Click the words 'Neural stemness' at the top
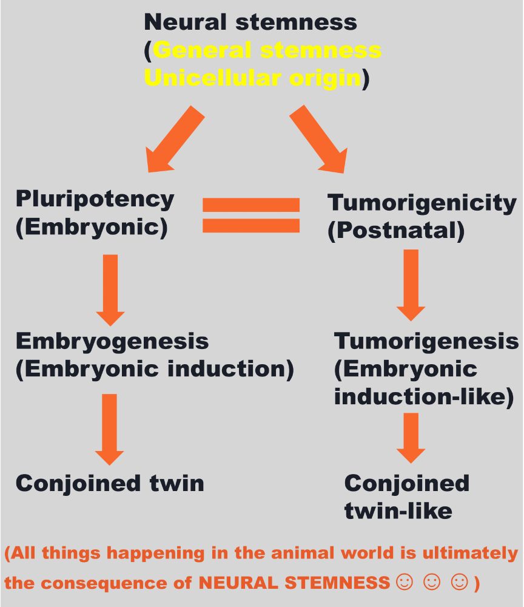pos(250,22)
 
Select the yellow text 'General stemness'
pos(267,50)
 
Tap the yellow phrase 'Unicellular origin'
pos(252,78)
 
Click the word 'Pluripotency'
pos(95,198)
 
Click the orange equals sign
pos(251,215)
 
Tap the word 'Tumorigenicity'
pos(422,203)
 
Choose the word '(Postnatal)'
pos(396,231)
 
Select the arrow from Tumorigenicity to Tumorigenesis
pos(411,285)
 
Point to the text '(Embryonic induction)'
pos(154,369)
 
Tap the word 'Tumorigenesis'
pos(426,341)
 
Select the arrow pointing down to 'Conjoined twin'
pos(110,429)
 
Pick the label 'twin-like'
pos(398,511)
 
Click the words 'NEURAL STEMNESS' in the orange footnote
pos(294,583)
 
